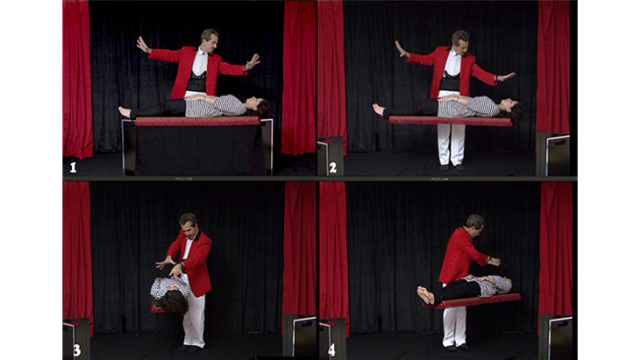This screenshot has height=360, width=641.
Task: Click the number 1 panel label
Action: tap(73, 168)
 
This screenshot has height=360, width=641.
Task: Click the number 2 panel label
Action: tap(333, 168)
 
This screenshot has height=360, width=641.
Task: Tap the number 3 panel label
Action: tap(77, 350)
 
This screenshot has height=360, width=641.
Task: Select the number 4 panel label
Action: tap(332, 350)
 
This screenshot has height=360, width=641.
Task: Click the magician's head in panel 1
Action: tap(210, 40)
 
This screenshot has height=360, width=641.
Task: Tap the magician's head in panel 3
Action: tap(188, 226)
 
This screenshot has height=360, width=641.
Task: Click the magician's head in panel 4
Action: tap(474, 224)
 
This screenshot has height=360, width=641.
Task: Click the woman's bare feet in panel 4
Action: tap(426, 295)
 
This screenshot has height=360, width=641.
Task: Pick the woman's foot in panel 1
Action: tap(124, 111)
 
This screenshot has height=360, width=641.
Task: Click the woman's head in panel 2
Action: tap(513, 108)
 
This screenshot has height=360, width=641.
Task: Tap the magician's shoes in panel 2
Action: tap(452, 168)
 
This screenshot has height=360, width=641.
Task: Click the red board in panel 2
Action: tap(450, 121)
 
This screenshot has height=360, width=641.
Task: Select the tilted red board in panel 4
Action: tap(473, 301)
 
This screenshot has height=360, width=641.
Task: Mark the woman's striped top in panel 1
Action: tap(216, 107)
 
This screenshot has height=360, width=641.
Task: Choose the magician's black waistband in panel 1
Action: tap(196, 82)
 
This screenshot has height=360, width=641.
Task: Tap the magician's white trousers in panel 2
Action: tap(452, 144)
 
